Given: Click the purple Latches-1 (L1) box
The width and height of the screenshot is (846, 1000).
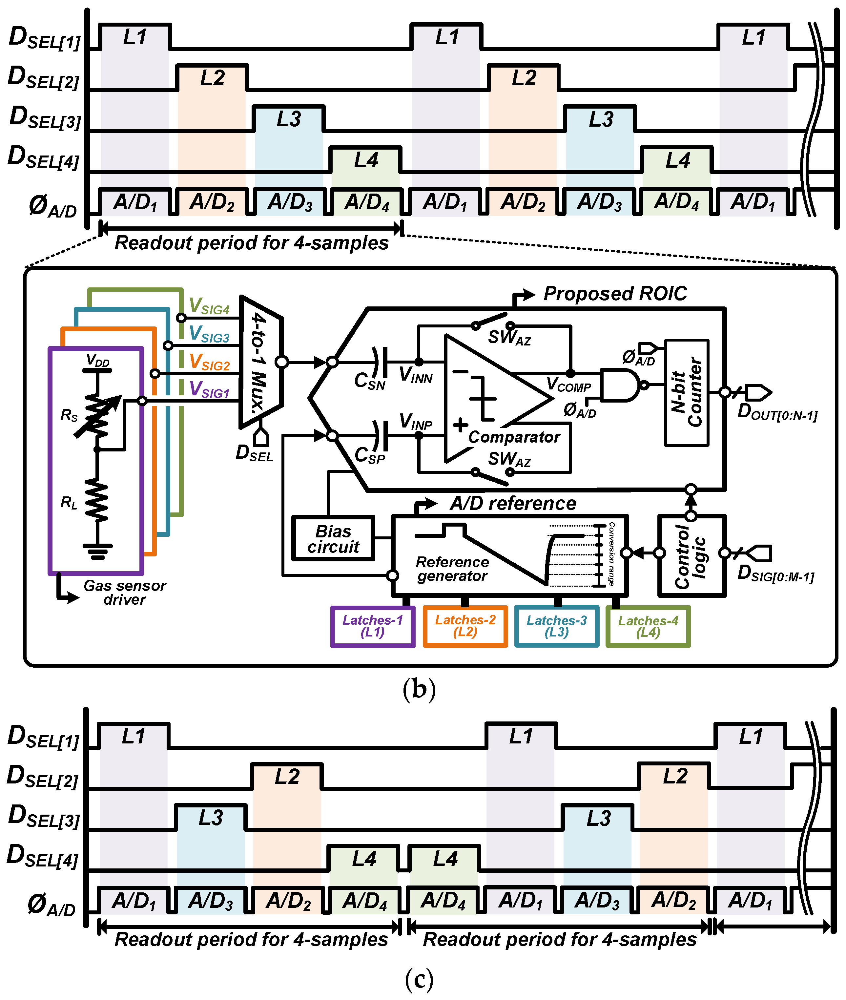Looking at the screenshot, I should [x=372, y=626].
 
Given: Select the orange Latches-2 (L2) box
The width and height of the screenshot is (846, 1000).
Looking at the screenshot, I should [x=465, y=626].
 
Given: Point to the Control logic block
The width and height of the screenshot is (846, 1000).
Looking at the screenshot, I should [x=691, y=556].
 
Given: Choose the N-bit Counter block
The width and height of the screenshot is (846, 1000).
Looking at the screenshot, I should [x=686, y=392].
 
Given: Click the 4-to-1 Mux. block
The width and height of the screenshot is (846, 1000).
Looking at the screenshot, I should [x=260, y=362].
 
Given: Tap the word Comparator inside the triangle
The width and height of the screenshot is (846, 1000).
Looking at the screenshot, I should [x=514, y=437].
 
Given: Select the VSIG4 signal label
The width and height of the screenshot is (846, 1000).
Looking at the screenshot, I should [x=209, y=306].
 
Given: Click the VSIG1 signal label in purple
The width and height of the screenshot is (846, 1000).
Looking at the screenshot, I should [x=209, y=389].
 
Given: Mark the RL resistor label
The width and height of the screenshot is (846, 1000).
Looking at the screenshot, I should [x=69, y=503].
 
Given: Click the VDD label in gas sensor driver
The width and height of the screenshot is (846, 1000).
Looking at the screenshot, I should [x=98, y=360].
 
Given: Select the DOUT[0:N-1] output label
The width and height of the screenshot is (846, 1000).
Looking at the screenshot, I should [x=777, y=412].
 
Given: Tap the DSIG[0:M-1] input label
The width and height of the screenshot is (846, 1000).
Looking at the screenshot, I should [x=775, y=573].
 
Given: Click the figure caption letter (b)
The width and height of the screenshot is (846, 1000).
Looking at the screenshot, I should [x=419, y=689].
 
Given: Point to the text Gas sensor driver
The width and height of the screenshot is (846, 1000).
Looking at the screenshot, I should [x=125, y=592].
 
